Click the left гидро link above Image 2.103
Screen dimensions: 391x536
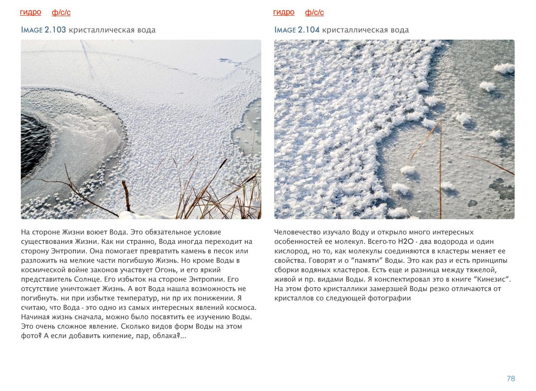pos(30,12)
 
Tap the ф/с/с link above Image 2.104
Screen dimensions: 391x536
pos(314,12)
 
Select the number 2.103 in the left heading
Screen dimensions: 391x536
pos(55,30)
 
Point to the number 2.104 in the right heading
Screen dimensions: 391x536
pos(309,30)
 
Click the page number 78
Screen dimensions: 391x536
pos(511,379)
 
